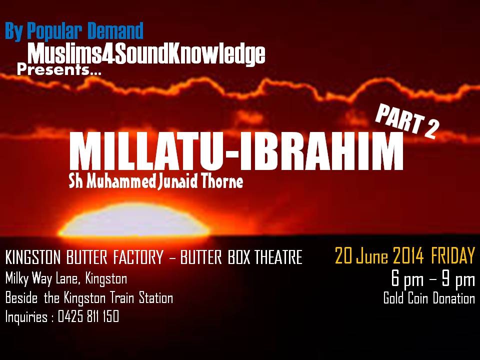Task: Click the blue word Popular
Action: coord(54,31)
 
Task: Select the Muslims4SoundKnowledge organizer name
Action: coord(146,54)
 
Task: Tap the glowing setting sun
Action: coord(134,220)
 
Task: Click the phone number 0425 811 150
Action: coord(88,316)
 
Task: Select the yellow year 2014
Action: coord(408,255)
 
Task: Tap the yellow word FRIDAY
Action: coord(453,255)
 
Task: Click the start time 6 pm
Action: coord(407,279)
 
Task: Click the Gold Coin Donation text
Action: coord(429,298)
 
